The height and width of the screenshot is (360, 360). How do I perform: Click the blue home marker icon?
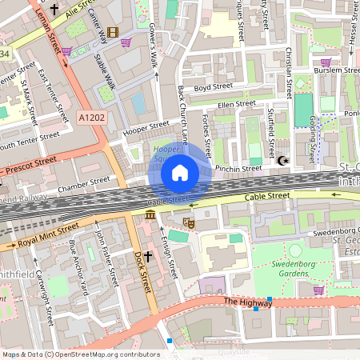(x=180, y=173)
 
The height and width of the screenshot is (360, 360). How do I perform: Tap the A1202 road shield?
(x=91, y=118)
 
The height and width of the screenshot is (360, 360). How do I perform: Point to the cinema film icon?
(x=111, y=33)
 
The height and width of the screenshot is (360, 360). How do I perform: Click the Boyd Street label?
(x=213, y=86)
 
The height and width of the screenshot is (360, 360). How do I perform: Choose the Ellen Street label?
(x=236, y=103)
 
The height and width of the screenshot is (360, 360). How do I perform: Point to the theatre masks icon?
(x=189, y=222)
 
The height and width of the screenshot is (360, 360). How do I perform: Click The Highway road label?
(x=243, y=302)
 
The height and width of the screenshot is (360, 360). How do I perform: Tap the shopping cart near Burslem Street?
(x=325, y=62)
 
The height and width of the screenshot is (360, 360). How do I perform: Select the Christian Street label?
(x=289, y=67)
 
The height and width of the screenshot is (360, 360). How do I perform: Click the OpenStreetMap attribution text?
(x=82, y=354)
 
